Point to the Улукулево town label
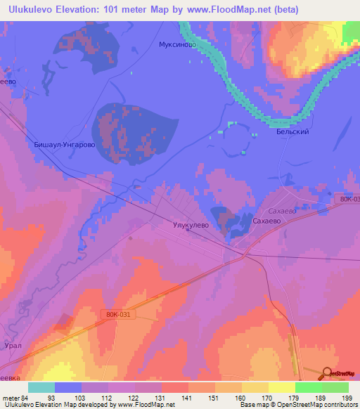(191, 226)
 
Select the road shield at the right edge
(350, 200)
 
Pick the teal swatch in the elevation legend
(41, 387)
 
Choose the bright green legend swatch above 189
(308, 387)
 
